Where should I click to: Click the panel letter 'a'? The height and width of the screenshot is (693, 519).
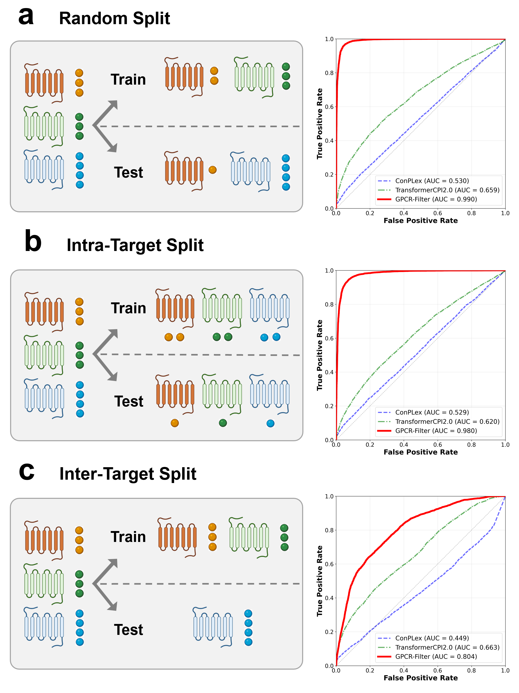pyautogui.click(x=26, y=16)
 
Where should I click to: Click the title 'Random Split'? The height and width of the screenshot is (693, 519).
pyautogui.click(x=114, y=18)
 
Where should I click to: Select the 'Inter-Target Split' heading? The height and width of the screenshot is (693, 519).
pyautogui.click(x=128, y=473)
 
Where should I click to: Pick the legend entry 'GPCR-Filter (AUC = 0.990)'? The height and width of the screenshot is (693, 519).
pyautogui.click(x=436, y=199)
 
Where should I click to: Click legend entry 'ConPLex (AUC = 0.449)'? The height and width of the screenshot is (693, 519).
pyautogui.click(x=432, y=638)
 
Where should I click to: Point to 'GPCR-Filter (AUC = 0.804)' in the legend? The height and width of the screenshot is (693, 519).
pyautogui.click(x=436, y=656)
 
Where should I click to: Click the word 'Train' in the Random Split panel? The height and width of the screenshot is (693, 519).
pyautogui.click(x=128, y=80)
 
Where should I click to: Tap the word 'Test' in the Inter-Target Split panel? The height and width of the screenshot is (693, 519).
pyautogui.click(x=128, y=630)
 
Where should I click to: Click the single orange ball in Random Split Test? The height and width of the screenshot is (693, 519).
pyautogui.click(x=212, y=170)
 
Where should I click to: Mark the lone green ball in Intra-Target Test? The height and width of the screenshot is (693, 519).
pyautogui.click(x=223, y=423)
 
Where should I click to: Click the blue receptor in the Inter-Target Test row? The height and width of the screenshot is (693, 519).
pyautogui.click(x=213, y=627)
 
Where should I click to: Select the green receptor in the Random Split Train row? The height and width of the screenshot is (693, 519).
pyautogui.click(x=254, y=77)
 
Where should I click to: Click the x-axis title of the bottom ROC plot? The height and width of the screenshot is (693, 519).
pyautogui.click(x=421, y=678)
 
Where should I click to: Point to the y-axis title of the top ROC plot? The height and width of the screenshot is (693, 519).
pyautogui.click(x=319, y=124)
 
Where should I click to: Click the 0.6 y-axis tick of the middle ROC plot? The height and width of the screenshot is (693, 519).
pyautogui.click(x=329, y=338)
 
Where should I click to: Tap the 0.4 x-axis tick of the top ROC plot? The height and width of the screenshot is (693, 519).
pyautogui.click(x=403, y=213)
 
